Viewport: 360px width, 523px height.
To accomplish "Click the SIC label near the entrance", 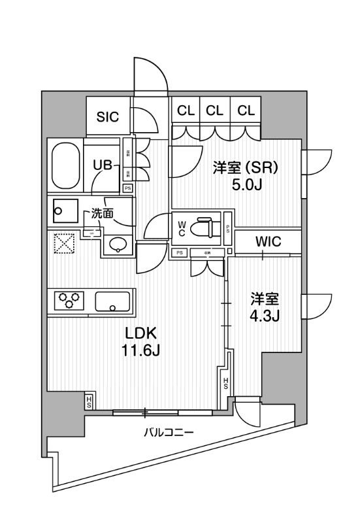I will (107, 117).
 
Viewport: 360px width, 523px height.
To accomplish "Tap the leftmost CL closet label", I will (186, 110).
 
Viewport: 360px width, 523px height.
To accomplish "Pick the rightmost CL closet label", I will (246, 110).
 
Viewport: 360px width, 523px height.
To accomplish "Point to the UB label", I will (102, 165).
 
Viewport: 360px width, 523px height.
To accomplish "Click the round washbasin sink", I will (118, 245).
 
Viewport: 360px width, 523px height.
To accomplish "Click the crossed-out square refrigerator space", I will (63, 245).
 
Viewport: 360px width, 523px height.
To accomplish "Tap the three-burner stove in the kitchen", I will (69, 301).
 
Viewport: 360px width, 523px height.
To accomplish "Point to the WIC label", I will (268, 242).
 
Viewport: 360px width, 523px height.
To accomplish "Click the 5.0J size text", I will (246, 185).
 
